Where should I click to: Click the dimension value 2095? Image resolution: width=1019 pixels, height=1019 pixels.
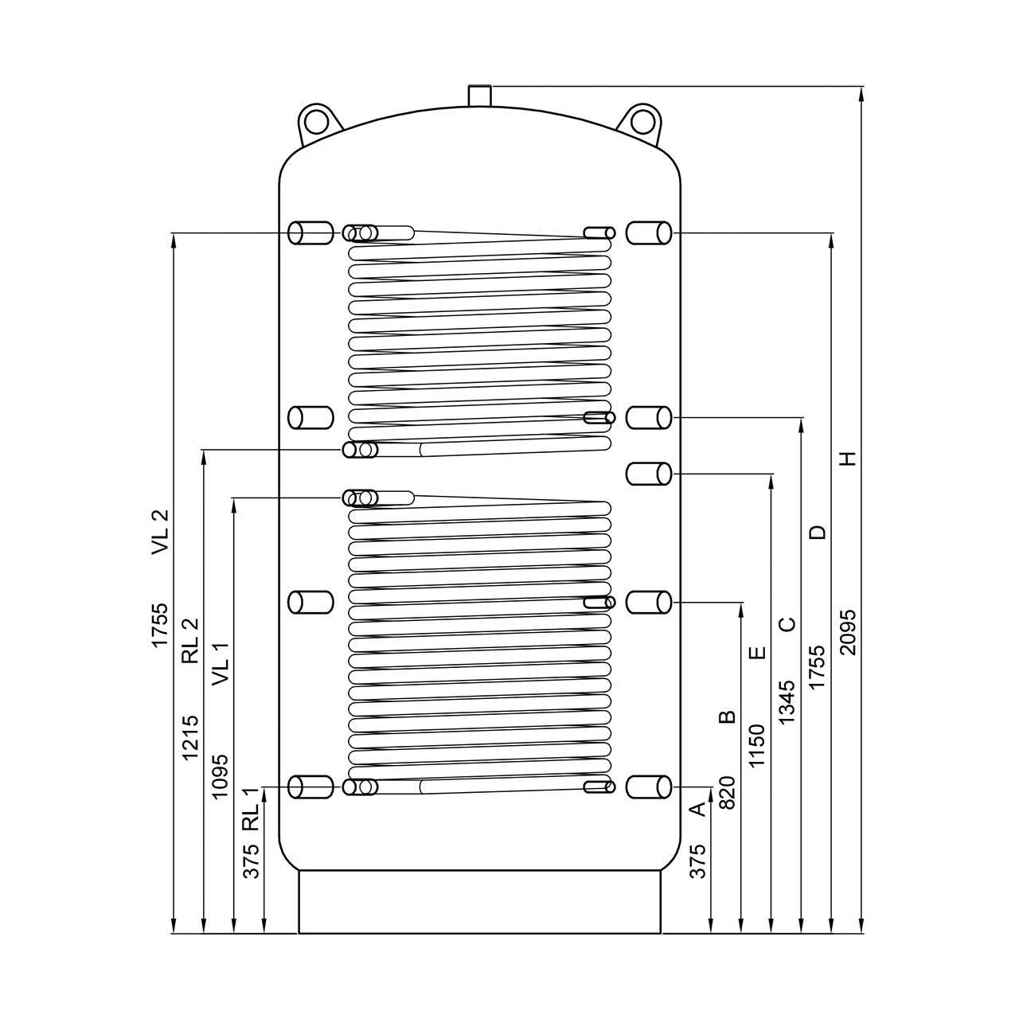[x=848, y=632]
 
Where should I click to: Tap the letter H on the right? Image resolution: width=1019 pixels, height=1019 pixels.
[x=848, y=459]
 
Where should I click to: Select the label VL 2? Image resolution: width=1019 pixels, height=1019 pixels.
[x=160, y=532]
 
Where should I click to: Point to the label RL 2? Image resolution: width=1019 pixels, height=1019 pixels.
[x=189, y=641]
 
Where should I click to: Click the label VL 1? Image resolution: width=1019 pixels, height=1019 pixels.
[x=221, y=664]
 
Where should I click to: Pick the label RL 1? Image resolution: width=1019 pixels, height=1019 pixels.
[x=251, y=809]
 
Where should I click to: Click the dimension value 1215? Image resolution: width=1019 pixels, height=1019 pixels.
[x=189, y=738]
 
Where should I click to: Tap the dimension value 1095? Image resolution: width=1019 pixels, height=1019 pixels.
[x=221, y=776]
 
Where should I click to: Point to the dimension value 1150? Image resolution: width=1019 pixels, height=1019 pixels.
[x=757, y=746]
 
